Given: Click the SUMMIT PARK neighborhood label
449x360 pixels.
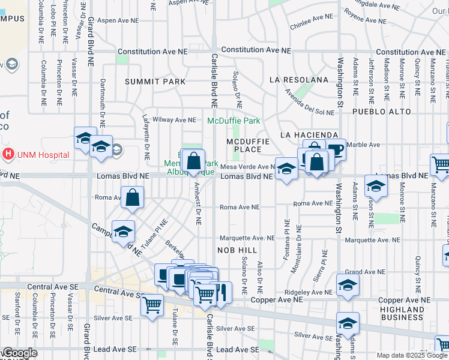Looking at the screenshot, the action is point(151,81).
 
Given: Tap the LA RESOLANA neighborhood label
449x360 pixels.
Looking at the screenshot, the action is point(299,79).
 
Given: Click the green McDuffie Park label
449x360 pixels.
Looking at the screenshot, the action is point(234,121).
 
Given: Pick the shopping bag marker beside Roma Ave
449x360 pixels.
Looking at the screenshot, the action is point(132,197).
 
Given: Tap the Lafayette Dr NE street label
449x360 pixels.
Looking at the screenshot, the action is point(145,134).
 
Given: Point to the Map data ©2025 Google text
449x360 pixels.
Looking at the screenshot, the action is point(411,355).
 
